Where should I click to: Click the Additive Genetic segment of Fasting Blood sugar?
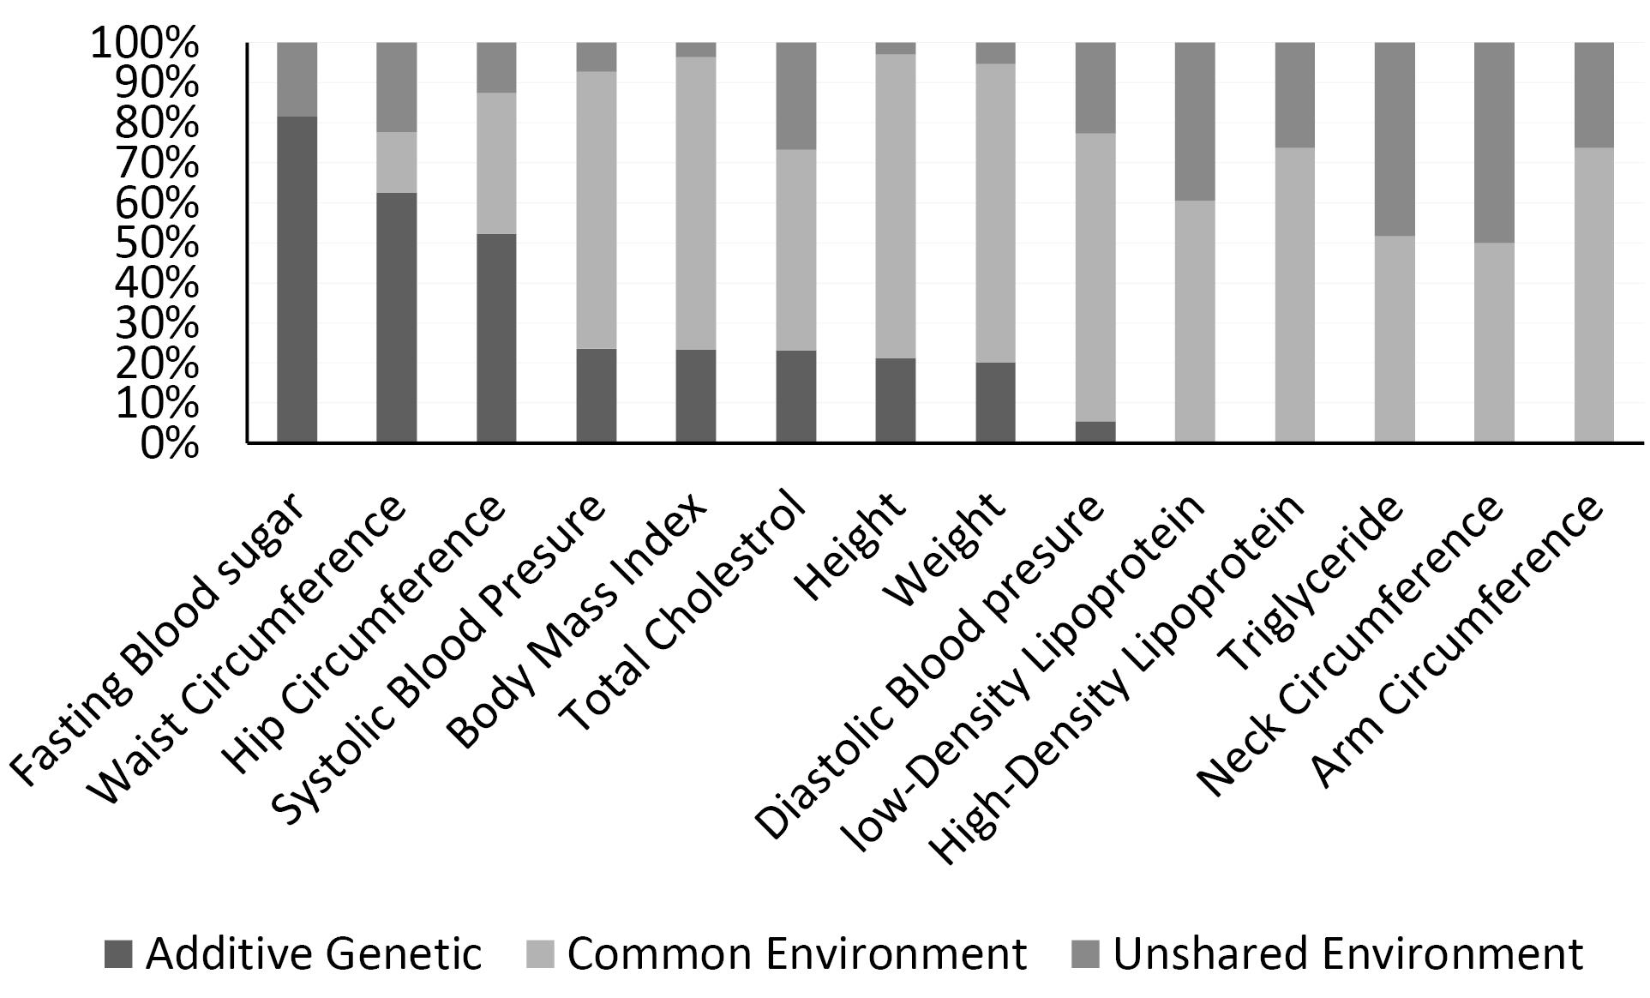[297, 280]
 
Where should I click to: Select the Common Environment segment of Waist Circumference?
[397, 162]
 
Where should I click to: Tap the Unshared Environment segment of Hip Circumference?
[496, 68]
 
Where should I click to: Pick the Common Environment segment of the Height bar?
[895, 206]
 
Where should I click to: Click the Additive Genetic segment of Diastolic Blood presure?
[1095, 432]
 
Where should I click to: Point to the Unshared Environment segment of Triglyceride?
[1395, 139]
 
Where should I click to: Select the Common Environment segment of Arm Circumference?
[1594, 295]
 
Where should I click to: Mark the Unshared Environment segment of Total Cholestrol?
[795, 96]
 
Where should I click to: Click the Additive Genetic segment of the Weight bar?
[995, 403]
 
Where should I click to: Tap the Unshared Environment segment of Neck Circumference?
[1494, 142]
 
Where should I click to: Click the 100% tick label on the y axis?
[145, 43]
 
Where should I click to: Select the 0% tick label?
[170, 444]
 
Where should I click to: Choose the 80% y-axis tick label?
[157, 123]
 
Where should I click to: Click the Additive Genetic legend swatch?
[118, 954]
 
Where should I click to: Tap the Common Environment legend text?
[797, 953]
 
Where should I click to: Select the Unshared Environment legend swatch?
[1086, 954]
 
